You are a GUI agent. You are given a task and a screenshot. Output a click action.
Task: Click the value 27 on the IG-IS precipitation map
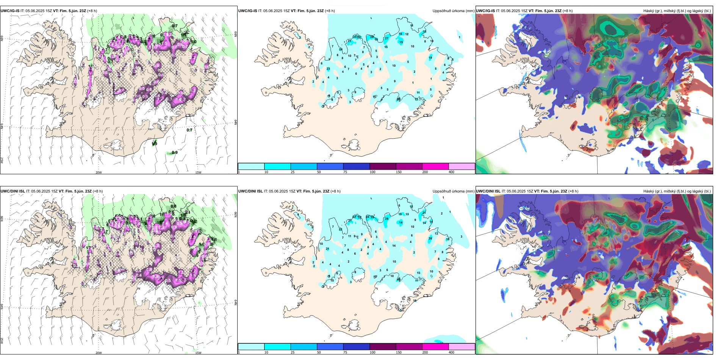[x=387, y=38]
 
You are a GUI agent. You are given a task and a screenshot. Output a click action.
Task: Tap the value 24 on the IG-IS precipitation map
[x=341, y=49]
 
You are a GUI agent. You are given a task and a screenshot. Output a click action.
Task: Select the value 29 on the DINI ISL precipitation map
[x=373, y=217]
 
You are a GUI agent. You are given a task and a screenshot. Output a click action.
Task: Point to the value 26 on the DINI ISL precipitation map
[x=430, y=238]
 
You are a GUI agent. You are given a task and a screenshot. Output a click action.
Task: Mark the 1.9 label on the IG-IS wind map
[x=155, y=144]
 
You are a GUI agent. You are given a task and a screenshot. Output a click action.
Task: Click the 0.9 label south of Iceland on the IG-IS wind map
[x=175, y=153]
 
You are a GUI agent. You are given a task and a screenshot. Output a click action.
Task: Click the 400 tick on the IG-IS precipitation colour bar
[x=451, y=172]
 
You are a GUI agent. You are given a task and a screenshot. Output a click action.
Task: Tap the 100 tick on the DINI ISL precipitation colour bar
[x=373, y=352]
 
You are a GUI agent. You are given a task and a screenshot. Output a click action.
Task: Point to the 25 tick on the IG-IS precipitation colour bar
[x=293, y=172]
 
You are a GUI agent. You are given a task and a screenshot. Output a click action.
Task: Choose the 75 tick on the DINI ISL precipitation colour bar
[x=345, y=352]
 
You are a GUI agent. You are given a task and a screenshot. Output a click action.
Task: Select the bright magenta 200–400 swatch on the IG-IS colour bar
[x=435, y=166]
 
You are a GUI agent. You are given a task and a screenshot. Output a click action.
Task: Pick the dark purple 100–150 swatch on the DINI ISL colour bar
[x=383, y=347]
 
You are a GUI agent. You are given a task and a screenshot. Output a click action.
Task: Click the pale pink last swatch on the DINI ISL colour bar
[x=462, y=347]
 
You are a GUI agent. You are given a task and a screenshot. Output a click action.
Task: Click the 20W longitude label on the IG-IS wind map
[x=99, y=172]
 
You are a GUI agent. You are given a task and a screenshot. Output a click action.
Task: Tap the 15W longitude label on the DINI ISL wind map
[x=198, y=353]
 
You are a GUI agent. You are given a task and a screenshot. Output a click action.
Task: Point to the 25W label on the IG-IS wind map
[x=2, y=160]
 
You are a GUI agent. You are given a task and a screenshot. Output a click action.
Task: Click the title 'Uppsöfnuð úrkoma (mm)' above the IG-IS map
[x=453, y=11]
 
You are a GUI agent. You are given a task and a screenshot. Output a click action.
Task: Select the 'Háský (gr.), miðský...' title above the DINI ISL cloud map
[x=677, y=191]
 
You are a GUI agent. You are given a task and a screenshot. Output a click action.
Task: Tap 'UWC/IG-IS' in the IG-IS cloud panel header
[x=485, y=11]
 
